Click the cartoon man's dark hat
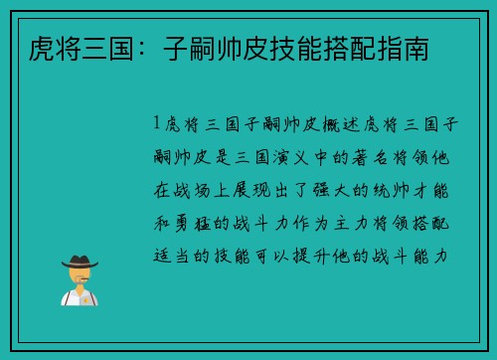tap(80, 261)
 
